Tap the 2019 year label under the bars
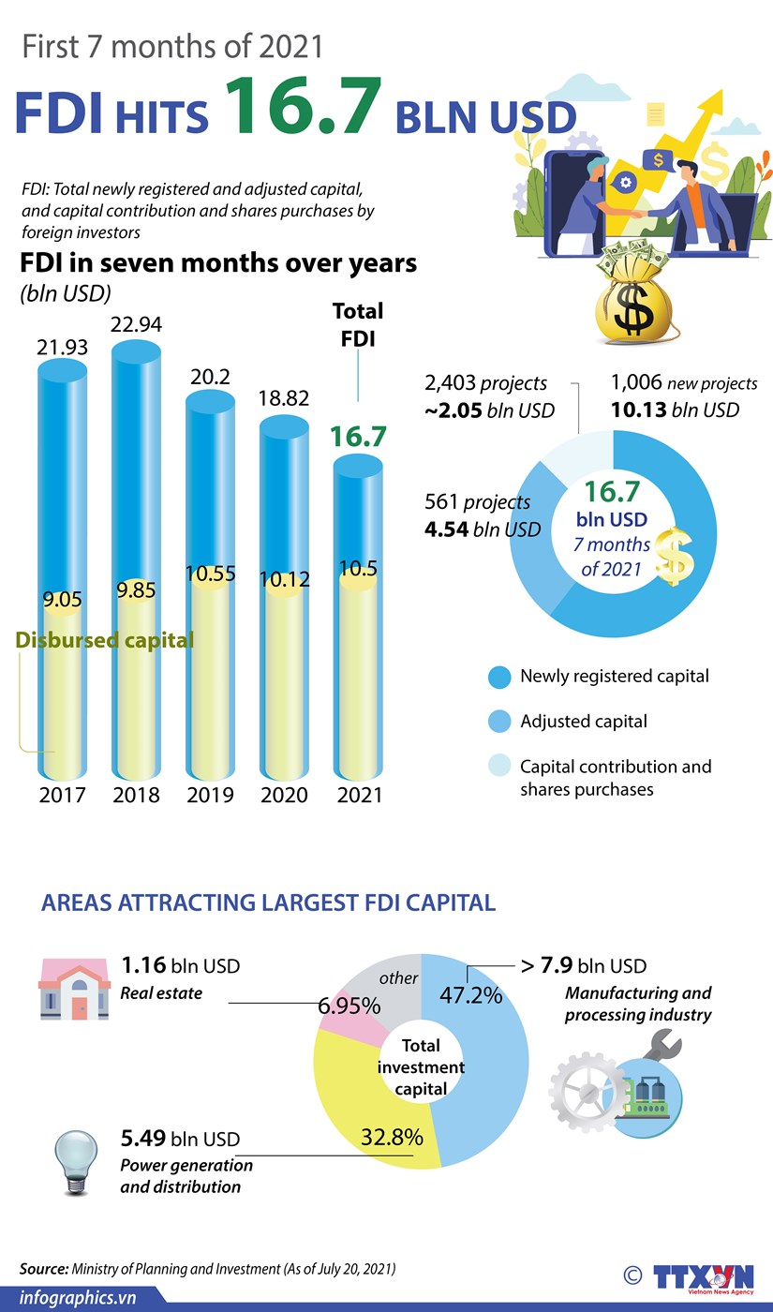[x=211, y=795]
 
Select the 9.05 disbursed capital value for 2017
[x=63, y=600]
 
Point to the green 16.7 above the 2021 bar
[x=357, y=437]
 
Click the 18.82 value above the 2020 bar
[x=283, y=398]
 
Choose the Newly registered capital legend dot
[x=500, y=677]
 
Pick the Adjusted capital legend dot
[x=500, y=722]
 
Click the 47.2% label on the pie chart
[x=470, y=994]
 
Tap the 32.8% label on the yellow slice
[x=392, y=1138]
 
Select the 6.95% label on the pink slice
[x=349, y=1006]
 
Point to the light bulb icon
[x=77, y=1158]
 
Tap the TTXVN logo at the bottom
[x=703, y=1278]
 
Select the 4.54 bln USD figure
[x=483, y=529]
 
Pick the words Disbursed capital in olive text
[x=105, y=640]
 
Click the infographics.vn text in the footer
[x=79, y=1298]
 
